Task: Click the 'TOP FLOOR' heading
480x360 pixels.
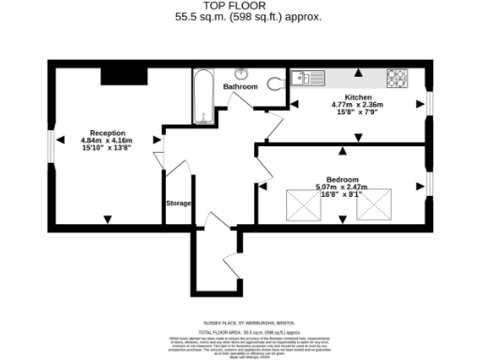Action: pyautogui.click(x=240, y=7)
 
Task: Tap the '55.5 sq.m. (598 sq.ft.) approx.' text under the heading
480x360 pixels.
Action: pyautogui.click(x=240, y=17)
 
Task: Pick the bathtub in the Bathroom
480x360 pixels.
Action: pyautogui.click(x=203, y=97)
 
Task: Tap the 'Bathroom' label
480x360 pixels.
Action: pyautogui.click(x=240, y=86)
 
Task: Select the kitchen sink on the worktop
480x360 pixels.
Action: pyautogui.click(x=307, y=78)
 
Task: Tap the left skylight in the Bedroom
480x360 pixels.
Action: pyautogui.click(x=303, y=204)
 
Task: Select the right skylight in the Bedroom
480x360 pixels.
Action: pyautogui.click(x=376, y=204)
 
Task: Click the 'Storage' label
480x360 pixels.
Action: pyautogui.click(x=179, y=202)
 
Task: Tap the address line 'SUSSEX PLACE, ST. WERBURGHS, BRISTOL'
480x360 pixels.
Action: pyautogui.click(x=240, y=320)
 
